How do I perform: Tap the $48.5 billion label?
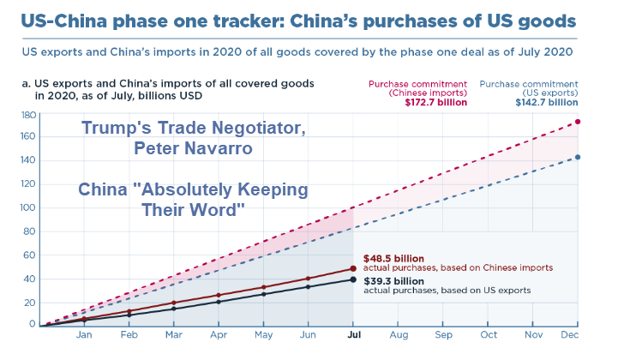point(393,257)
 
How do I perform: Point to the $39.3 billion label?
point(393,279)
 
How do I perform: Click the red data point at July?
point(353,268)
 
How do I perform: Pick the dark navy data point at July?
point(353,279)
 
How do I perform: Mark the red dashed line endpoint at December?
point(578,122)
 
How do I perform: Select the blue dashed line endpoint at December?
point(578,157)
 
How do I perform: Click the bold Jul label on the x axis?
point(353,336)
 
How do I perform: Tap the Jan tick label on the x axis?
point(84,336)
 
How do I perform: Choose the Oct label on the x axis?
point(488,336)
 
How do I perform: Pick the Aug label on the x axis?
point(398,336)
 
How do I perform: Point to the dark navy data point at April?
point(219,302)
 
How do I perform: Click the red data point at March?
point(174,303)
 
